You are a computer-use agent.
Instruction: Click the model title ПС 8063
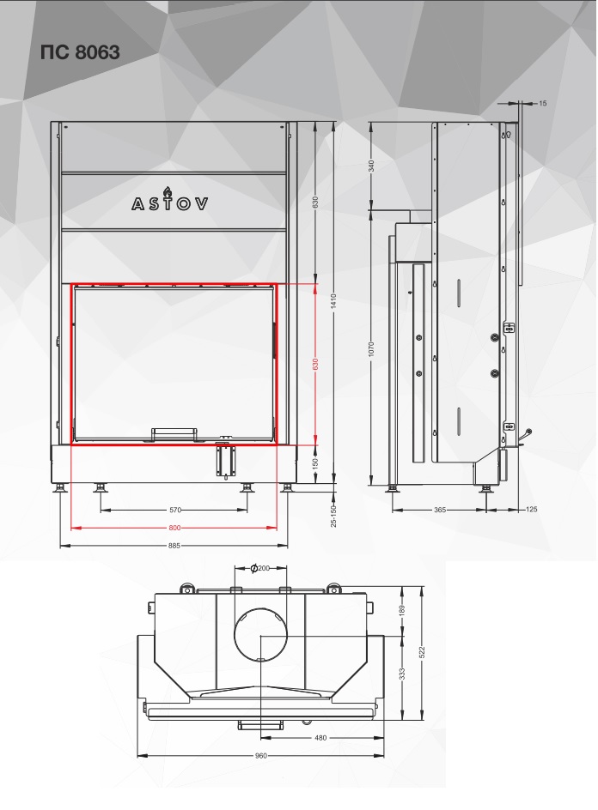80,52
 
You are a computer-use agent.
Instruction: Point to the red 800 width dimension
175,528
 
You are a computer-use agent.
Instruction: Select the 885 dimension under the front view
174,546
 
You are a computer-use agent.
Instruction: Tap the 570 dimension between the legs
175,510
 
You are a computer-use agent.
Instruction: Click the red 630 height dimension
315,364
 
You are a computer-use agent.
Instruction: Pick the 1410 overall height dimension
333,301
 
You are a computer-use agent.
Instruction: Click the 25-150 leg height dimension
333,516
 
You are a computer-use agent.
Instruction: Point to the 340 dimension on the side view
371,166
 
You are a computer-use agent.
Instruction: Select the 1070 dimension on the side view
371,348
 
